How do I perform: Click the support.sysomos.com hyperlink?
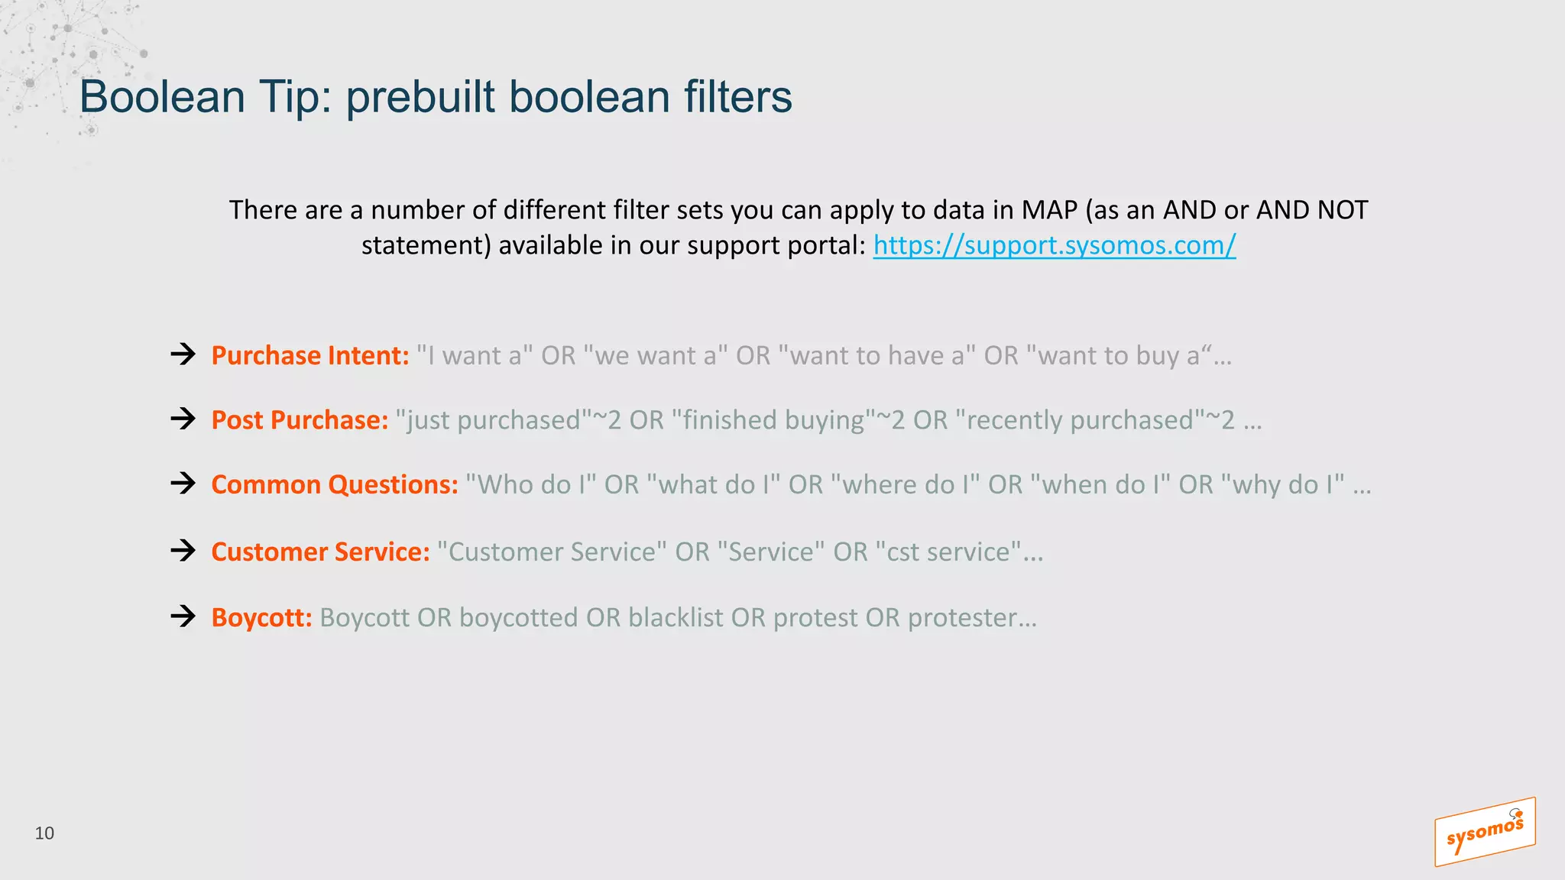[1054, 245]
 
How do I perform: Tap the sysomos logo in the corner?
[1484, 833]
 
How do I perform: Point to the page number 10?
[44, 833]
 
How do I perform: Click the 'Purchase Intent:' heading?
[310, 356]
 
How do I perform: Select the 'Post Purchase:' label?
[300, 420]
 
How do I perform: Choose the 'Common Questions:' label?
[334, 485]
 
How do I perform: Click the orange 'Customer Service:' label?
[320, 552]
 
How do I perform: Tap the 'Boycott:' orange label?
[261, 617]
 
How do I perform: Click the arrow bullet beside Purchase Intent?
[183, 354]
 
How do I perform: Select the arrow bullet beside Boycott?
[183, 616]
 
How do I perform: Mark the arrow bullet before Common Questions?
[183, 483]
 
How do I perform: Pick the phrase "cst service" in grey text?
[948, 552]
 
